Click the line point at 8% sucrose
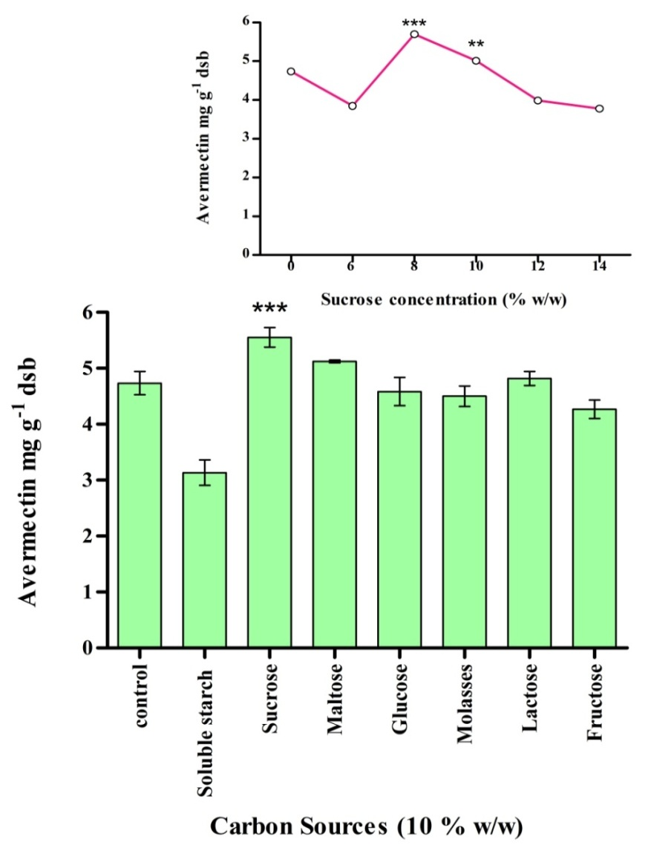[x=414, y=34]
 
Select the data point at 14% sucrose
[x=599, y=108]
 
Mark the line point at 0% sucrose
[x=291, y=71]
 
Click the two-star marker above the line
[x=476, y=46]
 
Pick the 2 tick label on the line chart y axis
[x=245, y=177]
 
